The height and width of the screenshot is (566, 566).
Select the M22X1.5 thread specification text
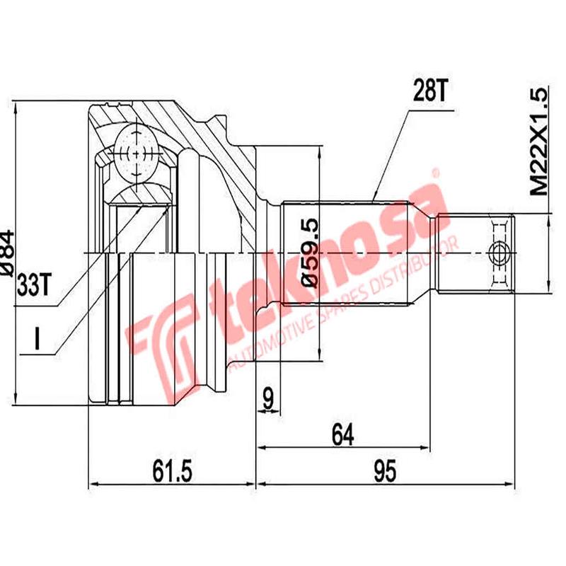click(x=539, y=142)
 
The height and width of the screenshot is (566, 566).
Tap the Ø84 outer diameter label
click(x=8, y=251)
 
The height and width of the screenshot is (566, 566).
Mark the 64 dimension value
click(x=342, y=432)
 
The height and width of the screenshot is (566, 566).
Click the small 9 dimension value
click(x=268, y=398)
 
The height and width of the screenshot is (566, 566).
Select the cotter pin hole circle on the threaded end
click(x=499, y=252)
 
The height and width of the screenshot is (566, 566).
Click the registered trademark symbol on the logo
click(x=434, y=173)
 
